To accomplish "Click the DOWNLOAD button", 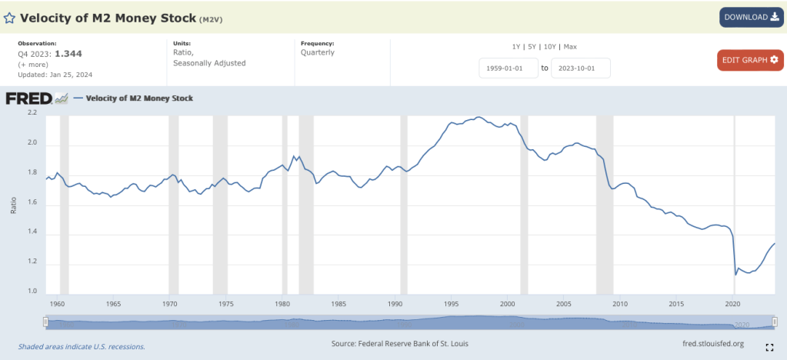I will pos(752,17).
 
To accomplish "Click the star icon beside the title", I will pos(9,18).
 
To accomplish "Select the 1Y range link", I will pos(517,47).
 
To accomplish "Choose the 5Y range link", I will pos(532,47).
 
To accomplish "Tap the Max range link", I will pos(570,47).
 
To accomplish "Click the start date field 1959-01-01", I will pos(508,68).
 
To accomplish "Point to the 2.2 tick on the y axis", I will pos(32,113).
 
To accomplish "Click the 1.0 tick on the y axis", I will pos(32,292).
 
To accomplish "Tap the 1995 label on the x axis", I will pos(452,304).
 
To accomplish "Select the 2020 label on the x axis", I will pos(734,304).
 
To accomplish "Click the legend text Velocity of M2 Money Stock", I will pos(139,98).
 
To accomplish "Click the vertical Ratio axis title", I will pos(13,205).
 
